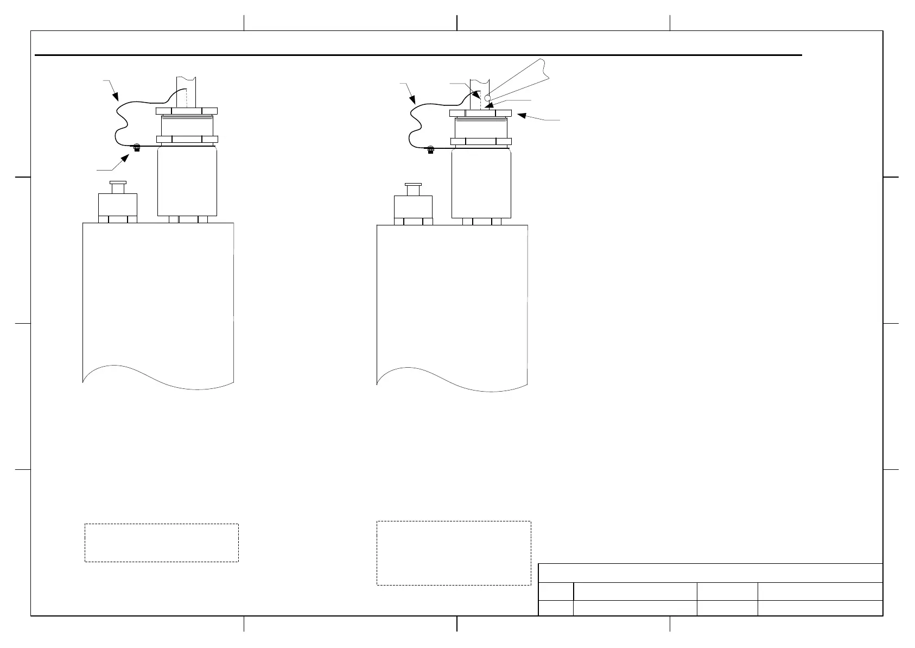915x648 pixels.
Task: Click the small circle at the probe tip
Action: click(x=487, y=98)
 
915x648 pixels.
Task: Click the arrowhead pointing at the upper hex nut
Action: click(x=522, y=115)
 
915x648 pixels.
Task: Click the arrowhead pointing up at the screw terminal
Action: click(x=127, y=158)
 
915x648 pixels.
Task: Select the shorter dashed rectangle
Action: click(x=162, y=543)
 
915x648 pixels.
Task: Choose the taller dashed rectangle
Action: click(x=454, y=553)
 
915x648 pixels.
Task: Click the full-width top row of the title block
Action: click(x=710, y=573)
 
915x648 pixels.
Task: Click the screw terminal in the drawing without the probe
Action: click(x=137, y=147)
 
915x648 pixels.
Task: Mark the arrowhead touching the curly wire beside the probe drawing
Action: click(x=414, y=100)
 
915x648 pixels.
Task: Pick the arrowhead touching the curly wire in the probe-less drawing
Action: click(x=117, y=98)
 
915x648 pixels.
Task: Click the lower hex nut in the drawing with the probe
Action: click(x=481, y=142)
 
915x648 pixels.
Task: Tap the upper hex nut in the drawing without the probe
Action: click(x=187, y=111)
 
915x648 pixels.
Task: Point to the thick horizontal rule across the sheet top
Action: click(x=418, y=55)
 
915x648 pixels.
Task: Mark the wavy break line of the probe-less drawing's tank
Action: click(x=158, y=378)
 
